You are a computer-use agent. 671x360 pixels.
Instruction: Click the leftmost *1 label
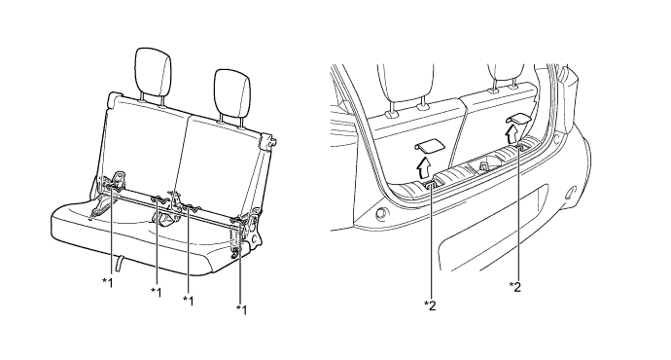point(107,282)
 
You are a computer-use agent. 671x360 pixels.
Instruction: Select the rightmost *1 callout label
point(241,309)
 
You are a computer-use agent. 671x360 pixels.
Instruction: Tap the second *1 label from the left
point(157,292)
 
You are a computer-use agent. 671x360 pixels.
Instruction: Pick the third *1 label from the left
point(189,301)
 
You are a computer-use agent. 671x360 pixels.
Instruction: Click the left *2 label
point(430,305)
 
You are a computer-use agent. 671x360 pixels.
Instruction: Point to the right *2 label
point(515,286)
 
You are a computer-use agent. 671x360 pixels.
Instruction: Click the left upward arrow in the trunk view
point(423,168)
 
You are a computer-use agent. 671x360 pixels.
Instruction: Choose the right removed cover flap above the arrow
point(518,119)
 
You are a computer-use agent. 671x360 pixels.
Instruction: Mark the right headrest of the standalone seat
point(232,93)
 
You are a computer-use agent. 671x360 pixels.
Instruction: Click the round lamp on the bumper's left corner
point(379,214)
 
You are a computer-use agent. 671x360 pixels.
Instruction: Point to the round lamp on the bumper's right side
point(571,193)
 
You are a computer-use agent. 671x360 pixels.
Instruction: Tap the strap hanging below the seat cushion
point(121,262)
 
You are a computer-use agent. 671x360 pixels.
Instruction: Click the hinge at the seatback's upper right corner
point(267,141)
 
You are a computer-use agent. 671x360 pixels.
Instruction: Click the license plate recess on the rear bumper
point(492,227)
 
